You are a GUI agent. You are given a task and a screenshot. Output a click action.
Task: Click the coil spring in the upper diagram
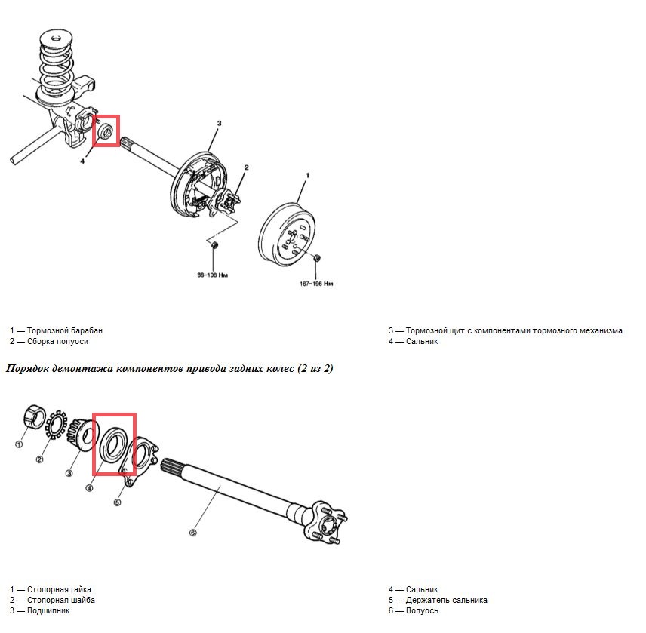pyautogui.click(x=57, y=66)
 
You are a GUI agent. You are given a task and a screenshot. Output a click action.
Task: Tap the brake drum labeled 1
pyautogui.click(x=288, y=234)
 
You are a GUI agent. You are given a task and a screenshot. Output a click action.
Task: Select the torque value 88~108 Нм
pyautogui.click(x=213, y=275)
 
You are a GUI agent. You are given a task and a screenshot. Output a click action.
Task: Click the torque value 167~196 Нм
pyautogui.click(x=316, y=284)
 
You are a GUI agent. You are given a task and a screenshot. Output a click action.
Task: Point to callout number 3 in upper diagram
pyautogui.click(x=219, y=123)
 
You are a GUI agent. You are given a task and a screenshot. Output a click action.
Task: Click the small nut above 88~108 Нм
pyautogui.click(x=214, y=245)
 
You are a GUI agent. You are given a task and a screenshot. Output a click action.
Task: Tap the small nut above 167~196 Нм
pyautogui.click(x=316, y=258)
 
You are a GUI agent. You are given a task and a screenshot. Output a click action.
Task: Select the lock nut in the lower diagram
pyautogui.click(x=35, y=416)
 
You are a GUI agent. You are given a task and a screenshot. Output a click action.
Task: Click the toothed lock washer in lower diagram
pyautogui.click(x=56, y=425)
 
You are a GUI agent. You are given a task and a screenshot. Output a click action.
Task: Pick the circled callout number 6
pyautogui.click(x=192, y=533)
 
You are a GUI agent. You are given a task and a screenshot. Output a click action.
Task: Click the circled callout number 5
pyautogui.click(x=118, y=502)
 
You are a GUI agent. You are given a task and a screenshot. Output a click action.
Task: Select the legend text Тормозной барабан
pyautogui.click(x=65, y=330)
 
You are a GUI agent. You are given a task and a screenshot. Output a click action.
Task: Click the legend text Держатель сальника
pyautogui.click(x=447, y=600)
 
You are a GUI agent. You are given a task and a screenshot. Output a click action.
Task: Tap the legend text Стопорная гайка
pyautogui.click(x=59, y=589)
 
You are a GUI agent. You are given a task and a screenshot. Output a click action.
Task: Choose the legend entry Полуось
pyautogui.click(x=422, y=611)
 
